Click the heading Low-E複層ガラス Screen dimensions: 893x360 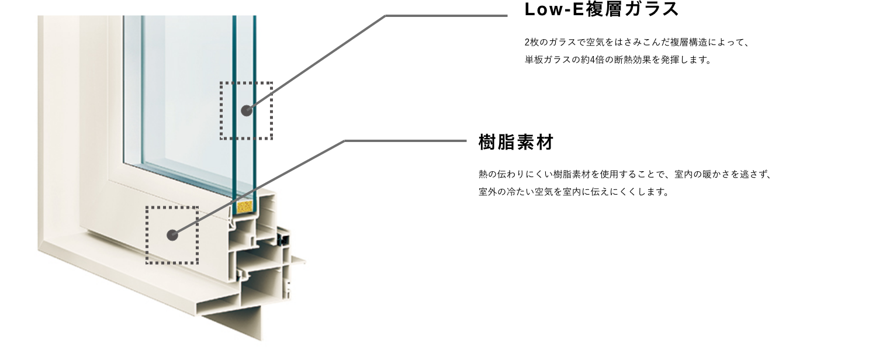[x=601, y=9]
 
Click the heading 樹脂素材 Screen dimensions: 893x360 [x=516, y=143]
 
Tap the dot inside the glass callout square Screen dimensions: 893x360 [x=247, y=110]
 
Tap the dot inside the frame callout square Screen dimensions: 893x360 [x=172, y=235]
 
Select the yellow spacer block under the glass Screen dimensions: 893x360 [x=245, y=207]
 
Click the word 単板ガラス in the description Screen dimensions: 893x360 [x=548, y=60]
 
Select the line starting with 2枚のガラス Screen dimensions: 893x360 [x=637, y=42]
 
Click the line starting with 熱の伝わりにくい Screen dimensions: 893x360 [x=625, y=174]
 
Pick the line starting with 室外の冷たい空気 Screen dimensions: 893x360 [x=574, y=192]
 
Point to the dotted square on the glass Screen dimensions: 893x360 [x=220, y=110]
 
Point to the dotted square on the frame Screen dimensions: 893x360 [x=146, y=235]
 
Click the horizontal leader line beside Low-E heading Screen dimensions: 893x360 [x=446, y=16]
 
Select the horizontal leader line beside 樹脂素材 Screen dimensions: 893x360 [x=406, y=141]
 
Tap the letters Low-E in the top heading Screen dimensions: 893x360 [x=553, y=9]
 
